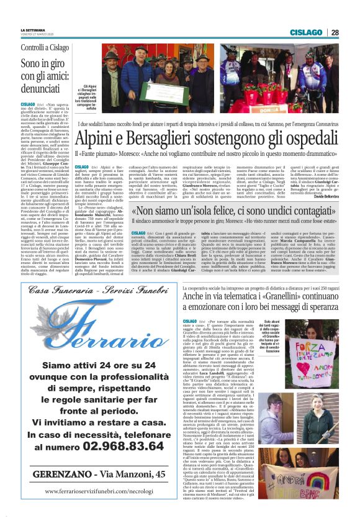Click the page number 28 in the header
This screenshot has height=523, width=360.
[x=334, y=32]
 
